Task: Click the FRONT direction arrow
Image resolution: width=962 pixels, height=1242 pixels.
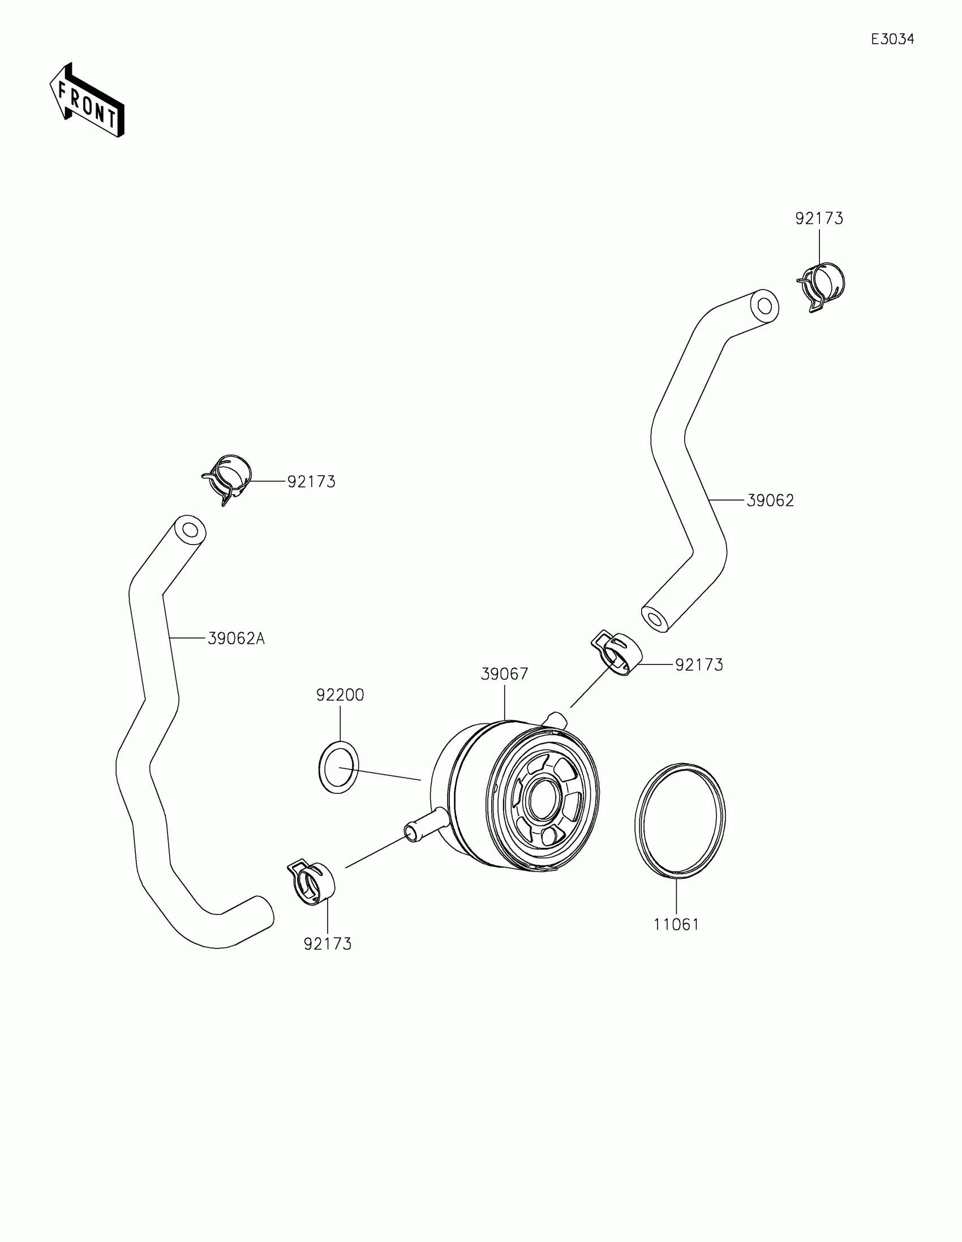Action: tap(87, 100)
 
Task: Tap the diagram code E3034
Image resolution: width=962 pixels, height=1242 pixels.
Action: tap(892, 39)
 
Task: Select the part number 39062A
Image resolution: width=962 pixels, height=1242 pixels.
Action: tap(236, 639)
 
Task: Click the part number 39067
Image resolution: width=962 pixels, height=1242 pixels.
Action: tap(505, 675)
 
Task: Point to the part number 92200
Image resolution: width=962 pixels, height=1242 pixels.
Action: tap(340, 695)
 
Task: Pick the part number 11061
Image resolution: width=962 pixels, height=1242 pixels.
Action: tap(676, 925)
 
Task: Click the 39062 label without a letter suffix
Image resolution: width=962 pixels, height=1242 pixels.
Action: tap(770, 501)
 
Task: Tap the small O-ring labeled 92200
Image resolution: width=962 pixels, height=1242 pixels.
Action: tap(338, 767)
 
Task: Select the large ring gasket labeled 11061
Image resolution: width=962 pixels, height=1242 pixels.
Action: tap(680, 821)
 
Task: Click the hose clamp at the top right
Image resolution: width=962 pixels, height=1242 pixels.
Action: tap(823, 285)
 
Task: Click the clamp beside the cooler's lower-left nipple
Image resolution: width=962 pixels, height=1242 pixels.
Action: tap(312, 884)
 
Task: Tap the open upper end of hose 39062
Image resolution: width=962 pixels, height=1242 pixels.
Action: tap(765, 306)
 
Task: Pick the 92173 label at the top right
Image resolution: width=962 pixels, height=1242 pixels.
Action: tap(819, 218)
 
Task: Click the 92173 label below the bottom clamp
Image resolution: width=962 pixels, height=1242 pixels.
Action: tap(328, 944)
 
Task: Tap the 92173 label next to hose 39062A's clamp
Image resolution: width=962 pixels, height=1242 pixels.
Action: tap(311, 482)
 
